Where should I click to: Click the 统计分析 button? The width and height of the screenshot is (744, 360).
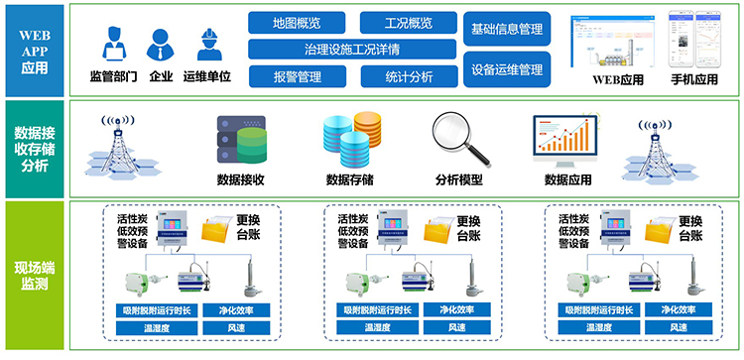407,75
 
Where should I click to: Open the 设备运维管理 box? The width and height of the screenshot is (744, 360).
507,69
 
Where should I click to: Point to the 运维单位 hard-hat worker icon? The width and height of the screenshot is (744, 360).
207,45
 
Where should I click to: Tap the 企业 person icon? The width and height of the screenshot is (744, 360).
161,45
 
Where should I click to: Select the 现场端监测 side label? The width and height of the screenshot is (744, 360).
34,275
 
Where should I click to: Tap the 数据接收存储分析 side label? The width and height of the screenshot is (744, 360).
34,148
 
